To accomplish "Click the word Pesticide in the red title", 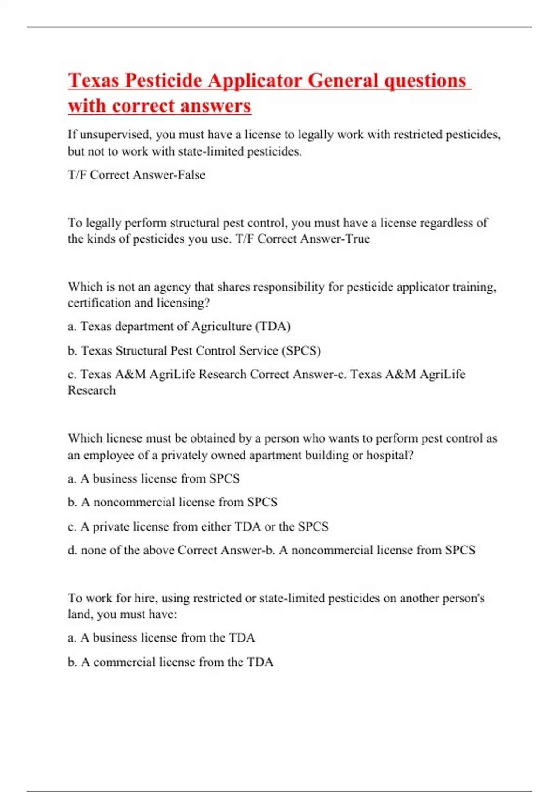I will pyautogui.click(x=163, y=80).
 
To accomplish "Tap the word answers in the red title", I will pyautogui.click(x=215, y=106).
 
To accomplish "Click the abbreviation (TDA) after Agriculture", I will pyautogui.click(x=273, y=326).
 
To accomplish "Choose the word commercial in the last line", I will pyautogui.click(x=124, y=662).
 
